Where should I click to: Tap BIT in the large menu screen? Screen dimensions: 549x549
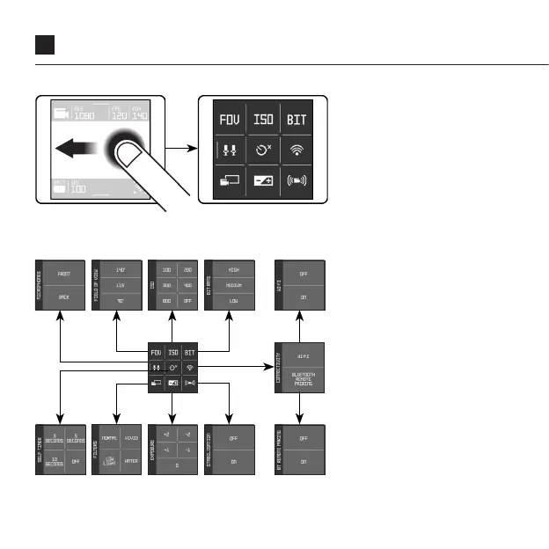click(296, 119)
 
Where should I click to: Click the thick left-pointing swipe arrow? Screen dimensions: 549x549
click(75, 150)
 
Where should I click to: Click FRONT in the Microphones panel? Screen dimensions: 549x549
click(64, 274)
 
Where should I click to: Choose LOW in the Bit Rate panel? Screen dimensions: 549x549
click(233, 302)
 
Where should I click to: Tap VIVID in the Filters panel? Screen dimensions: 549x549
click(131, 437)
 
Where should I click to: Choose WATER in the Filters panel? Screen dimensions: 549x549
click(131, 461)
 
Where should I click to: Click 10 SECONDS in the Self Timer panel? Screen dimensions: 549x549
click(54, 461)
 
